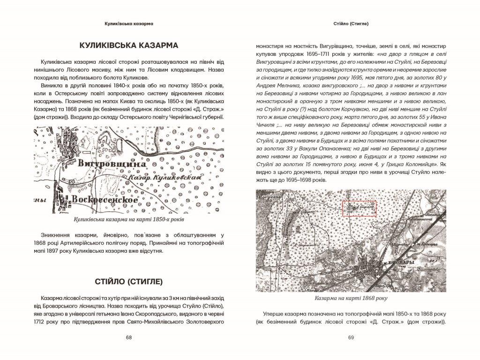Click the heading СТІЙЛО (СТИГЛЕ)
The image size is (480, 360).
click(128, 282)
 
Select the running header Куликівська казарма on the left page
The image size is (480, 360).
click(128, 23)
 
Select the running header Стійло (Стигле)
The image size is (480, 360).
click(351, 23)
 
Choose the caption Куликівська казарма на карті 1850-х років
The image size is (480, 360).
click(128, 219)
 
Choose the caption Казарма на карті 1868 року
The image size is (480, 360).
click(351, 298)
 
